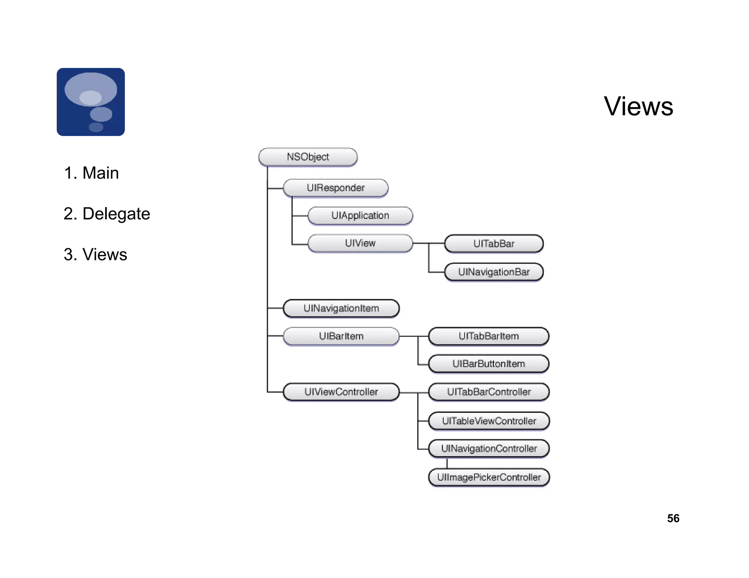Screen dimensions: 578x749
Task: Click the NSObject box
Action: click(308, 157)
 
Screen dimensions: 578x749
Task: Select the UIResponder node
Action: click(335, 188)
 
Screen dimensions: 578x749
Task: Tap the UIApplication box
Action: click(360, 216)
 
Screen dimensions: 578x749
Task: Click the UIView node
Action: click(360, 243)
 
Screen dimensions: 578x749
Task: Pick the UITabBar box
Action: click(493, 244)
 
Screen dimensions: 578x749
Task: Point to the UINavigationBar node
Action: click(493, 272)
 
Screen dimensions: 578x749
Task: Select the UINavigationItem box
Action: click(341, 308)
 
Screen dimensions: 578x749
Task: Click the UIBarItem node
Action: click(341, 336)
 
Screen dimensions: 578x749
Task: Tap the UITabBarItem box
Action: click(488, 336)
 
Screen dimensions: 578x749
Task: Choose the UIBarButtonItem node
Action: click(488, 364)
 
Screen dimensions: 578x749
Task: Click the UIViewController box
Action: click(341, 392)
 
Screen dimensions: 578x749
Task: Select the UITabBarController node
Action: click(488, 392)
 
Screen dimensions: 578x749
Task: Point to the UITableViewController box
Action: click(488, 421)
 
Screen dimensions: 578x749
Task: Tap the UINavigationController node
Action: click(488, 449)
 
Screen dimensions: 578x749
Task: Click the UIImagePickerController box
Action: click(488, 477)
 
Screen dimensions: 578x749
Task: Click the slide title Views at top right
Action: click(638, 106)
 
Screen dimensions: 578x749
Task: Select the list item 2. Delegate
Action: click(106, 214)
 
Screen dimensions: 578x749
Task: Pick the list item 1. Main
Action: click(91, 173)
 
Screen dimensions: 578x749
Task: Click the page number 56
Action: click(673, 518)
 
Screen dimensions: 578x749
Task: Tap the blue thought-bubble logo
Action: click(91, 102)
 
